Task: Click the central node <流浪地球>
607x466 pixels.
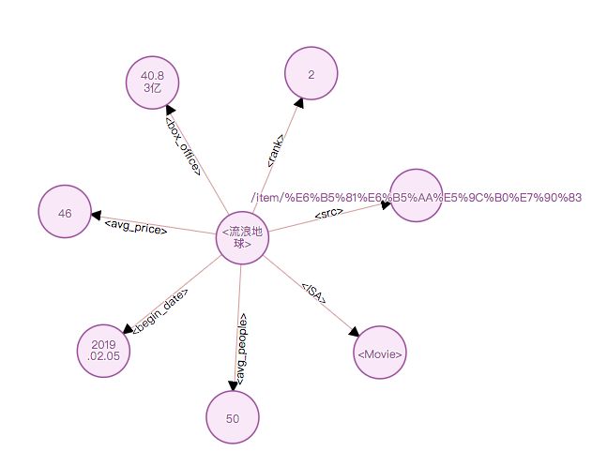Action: coord(243,238)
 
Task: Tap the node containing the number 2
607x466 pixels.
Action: coord(311,73)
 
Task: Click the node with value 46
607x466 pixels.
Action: coord(65,213)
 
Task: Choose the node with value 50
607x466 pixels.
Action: coord(233,417)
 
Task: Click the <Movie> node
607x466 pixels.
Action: coord(380,353)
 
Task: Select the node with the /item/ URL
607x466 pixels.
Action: coord(416,196)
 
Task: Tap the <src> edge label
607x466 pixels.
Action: coord(328,215)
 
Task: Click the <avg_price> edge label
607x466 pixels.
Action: coord(135,226)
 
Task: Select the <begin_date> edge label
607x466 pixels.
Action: coord(160,310)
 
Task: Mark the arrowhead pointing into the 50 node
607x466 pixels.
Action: coord(234,384)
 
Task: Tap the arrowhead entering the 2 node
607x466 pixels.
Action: coord(297,102)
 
